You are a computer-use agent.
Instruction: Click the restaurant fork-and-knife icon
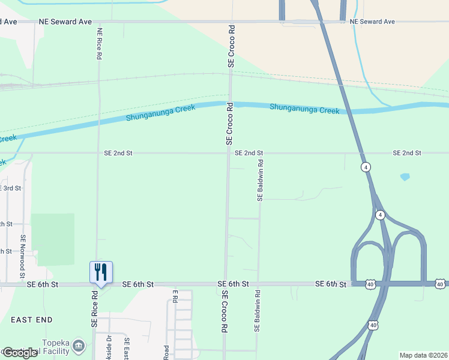pos(101,272)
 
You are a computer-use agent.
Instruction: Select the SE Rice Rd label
pos(94,310)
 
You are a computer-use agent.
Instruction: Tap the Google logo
pos(20,353)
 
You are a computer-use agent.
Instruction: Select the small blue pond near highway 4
pos(405,177)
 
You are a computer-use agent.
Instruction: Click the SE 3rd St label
pos(11,188)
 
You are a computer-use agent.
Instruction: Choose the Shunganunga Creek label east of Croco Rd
pos(304,109)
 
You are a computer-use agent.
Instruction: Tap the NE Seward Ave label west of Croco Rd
pos(65,22)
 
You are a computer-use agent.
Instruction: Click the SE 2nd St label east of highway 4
pos(407,153)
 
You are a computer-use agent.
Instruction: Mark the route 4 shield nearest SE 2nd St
pos(365,167)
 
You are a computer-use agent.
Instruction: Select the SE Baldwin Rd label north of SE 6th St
pos(260,180)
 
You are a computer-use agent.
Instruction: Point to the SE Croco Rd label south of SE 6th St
pos(224,312)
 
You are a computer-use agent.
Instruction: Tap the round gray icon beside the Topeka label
pos(78,346)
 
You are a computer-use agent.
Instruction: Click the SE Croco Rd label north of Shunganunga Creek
pos(230,46)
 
